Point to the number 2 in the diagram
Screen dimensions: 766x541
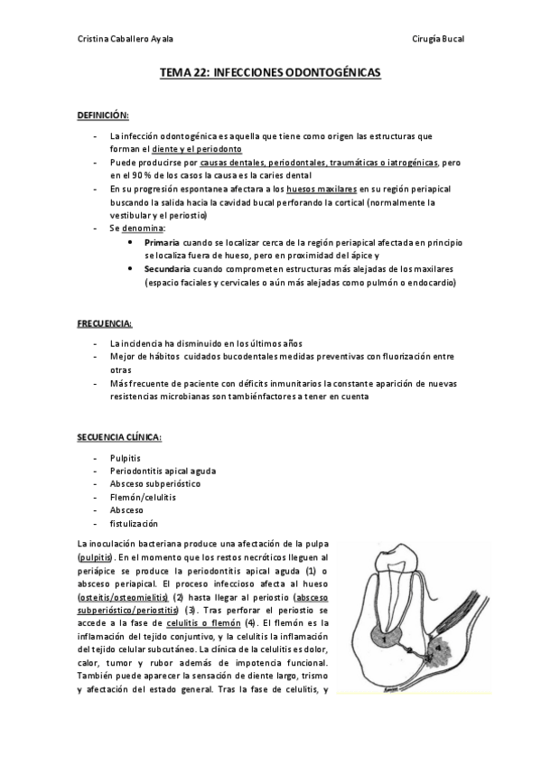pyautogui.click(x=409, y=650)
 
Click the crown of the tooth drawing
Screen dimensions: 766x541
pyautogui.click(x=396, y=561)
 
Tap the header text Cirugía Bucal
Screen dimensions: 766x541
pyautogui.click(x=438, y=39)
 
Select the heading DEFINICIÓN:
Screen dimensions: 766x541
pyautogui.click(x=103, y=116)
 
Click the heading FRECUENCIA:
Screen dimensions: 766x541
pyautogui.click(x=105, y=322)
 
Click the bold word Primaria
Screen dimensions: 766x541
pyautogui.click(x=162, y=244)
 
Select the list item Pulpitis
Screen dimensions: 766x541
pyautogui.click(x=125, y=458)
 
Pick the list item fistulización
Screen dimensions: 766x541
pyautogui.click(x=134, y=523)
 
